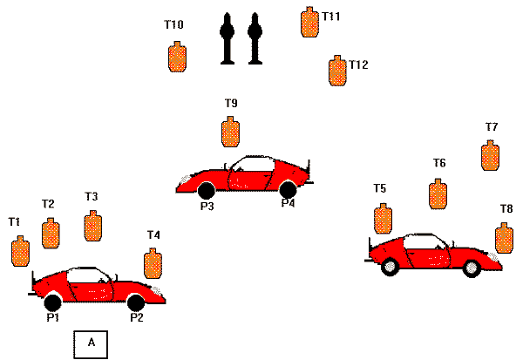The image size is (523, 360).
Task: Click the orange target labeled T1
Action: [20, 251]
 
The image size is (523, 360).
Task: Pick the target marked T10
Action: [177, 57]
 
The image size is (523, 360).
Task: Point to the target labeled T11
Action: [308, 23]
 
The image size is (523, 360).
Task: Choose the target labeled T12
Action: [336, 71]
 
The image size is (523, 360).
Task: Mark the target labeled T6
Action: [438, 194]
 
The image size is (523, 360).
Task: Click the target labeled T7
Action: [491, 155]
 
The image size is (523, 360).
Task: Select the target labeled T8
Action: [503, 237]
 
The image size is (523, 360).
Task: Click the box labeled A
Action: [91, 344]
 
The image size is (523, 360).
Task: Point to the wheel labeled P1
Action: [52, 302]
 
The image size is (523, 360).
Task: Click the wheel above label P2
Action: [135, 302]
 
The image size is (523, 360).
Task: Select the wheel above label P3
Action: [206, 190]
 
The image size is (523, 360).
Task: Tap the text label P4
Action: [288, 204]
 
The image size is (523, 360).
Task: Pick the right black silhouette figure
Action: [255, 38]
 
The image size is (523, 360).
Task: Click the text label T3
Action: [91, 197]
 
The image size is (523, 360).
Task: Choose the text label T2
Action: [49, 204]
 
